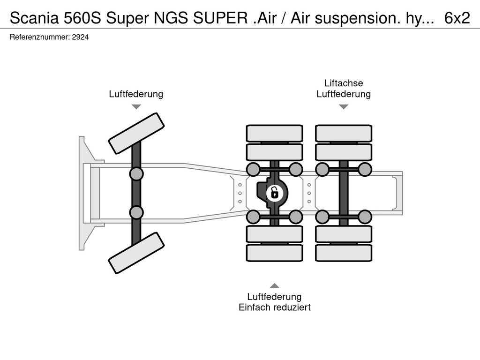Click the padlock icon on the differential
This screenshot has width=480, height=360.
tap(275, 193)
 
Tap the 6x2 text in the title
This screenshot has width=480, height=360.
tap(457, 18)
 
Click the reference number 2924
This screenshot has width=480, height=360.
tap(80, 37)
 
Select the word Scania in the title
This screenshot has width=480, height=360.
tap(34, 18)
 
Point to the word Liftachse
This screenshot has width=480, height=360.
tap(344, 83)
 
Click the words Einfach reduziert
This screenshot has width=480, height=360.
tap(275, 307)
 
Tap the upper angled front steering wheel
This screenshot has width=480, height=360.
tap(136, 134)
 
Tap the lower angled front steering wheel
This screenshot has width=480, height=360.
tap(136, 253)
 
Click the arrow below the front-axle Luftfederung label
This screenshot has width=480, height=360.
tap(136, 107)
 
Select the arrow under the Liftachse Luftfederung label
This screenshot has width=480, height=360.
tap(344, 107)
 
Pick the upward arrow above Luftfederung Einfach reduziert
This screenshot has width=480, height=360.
tap(275, 285)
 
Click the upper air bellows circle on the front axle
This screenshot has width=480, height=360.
tap(136, 174)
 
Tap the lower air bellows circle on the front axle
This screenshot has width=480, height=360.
tap(136, 212)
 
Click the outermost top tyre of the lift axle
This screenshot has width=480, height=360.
tap(344, 134)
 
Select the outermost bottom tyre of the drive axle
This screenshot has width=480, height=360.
tap(275, 253)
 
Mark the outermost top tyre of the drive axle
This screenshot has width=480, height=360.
tap(275, 134)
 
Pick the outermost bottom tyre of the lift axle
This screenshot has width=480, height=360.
tap(344, 253)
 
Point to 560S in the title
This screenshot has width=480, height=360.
tap(82, 18)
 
